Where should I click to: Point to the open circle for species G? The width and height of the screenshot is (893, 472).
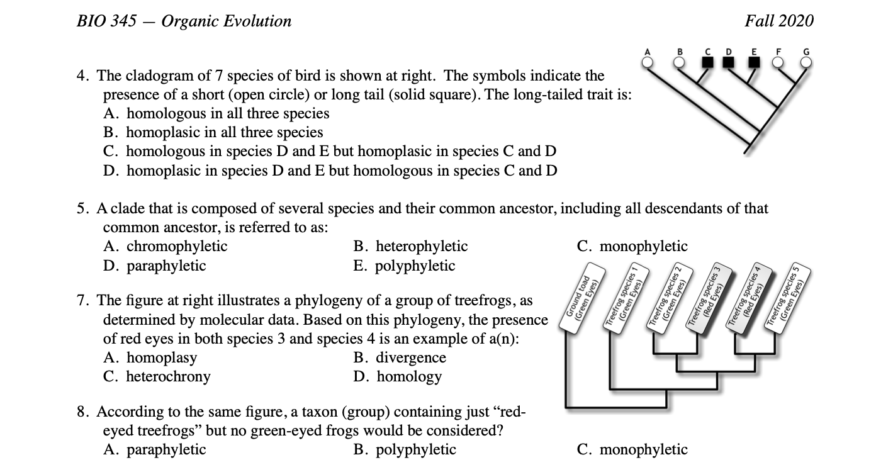806,62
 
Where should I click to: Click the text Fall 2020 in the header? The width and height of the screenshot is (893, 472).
778,21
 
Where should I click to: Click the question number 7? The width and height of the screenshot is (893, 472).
82,301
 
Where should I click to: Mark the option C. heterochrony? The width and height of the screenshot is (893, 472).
157,376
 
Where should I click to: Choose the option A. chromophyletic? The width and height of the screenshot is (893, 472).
166,246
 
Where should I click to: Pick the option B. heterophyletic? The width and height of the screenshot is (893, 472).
411,246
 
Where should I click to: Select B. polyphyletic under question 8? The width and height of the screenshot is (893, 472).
405,449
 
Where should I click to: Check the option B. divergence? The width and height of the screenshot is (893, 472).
400,357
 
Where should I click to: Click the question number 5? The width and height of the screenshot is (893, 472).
82,208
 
